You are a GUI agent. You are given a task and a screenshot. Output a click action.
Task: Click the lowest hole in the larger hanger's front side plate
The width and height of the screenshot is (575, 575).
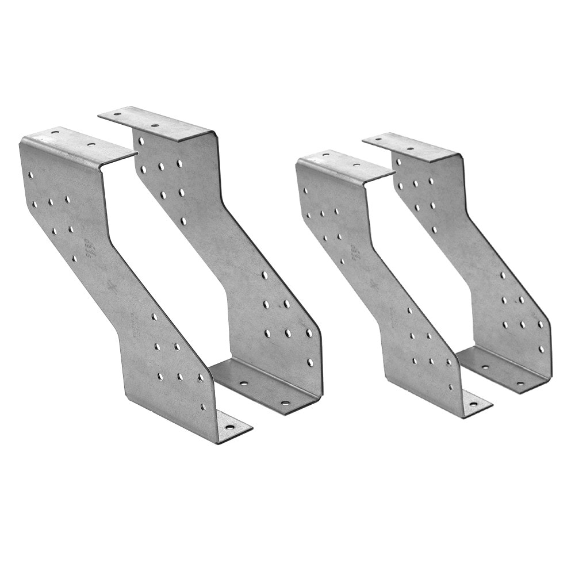(x=202, y=407)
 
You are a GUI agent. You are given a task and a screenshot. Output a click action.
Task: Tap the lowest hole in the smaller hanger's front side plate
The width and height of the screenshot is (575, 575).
(x=450, y=386)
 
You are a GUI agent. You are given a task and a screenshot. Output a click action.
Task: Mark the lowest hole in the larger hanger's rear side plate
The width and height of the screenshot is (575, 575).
(x=310, y=363)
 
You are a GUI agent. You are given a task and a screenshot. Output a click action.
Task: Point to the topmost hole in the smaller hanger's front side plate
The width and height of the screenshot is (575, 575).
(x=305, y=190)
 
